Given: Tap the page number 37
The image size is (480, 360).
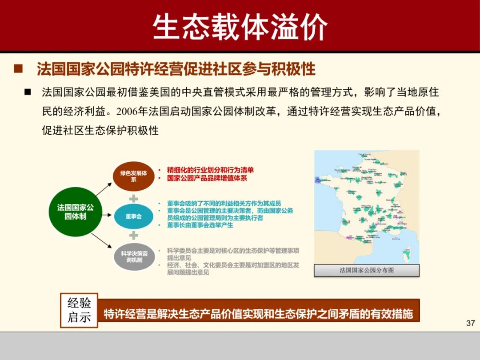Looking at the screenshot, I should point(471,323).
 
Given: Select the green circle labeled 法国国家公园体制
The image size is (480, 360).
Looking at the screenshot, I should point(75,212).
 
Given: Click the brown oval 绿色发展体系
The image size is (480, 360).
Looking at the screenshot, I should point(133,176).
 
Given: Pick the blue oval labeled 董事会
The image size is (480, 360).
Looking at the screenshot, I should point(133,216).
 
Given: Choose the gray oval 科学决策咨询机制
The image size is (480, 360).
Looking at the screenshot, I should point(134,256).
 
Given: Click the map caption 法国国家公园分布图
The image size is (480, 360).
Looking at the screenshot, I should point(367,270).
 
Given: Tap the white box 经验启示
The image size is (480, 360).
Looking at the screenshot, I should point(79,310).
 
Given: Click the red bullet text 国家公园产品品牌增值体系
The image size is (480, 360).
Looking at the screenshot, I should point(207,178).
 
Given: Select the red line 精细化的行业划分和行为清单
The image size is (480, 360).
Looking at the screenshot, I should point(210,170).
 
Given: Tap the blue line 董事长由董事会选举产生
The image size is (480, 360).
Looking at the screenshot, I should point(200,225).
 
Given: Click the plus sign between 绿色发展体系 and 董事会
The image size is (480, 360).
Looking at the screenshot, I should point(134,198).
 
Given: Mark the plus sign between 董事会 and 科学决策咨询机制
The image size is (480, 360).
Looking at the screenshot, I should point(134,235).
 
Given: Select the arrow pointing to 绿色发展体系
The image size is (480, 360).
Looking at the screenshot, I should point(103,189).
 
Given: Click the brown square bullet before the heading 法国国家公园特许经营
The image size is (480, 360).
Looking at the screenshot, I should point(18,69).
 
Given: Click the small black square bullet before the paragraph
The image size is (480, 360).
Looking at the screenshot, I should point(28,92).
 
